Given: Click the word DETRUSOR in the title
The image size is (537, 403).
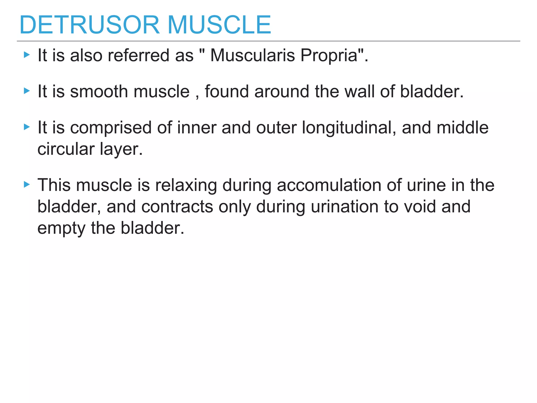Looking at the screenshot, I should coord(89,25).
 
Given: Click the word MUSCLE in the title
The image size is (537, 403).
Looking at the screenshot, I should coord(219,25).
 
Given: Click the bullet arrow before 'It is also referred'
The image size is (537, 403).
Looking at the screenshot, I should coord(27,55).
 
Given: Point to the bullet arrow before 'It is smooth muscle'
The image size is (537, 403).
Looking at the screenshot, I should coord(27,91).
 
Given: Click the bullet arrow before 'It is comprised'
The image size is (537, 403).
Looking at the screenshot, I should coord(27,127).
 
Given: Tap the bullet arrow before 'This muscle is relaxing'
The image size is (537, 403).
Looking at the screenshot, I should coord(27,185).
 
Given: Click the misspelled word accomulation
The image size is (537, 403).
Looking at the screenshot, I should coord(329,185).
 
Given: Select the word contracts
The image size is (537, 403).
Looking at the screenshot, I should coord(177,207).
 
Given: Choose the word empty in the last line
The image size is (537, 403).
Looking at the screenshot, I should coord(61,229).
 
